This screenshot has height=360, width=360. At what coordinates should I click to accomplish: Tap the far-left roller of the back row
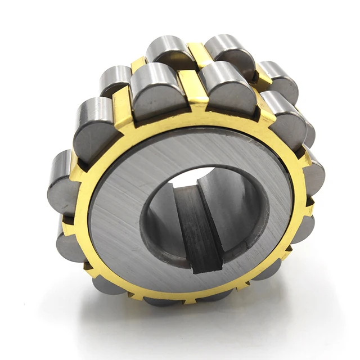point(115,79)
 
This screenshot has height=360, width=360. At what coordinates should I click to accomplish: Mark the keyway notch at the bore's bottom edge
point(206,264)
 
